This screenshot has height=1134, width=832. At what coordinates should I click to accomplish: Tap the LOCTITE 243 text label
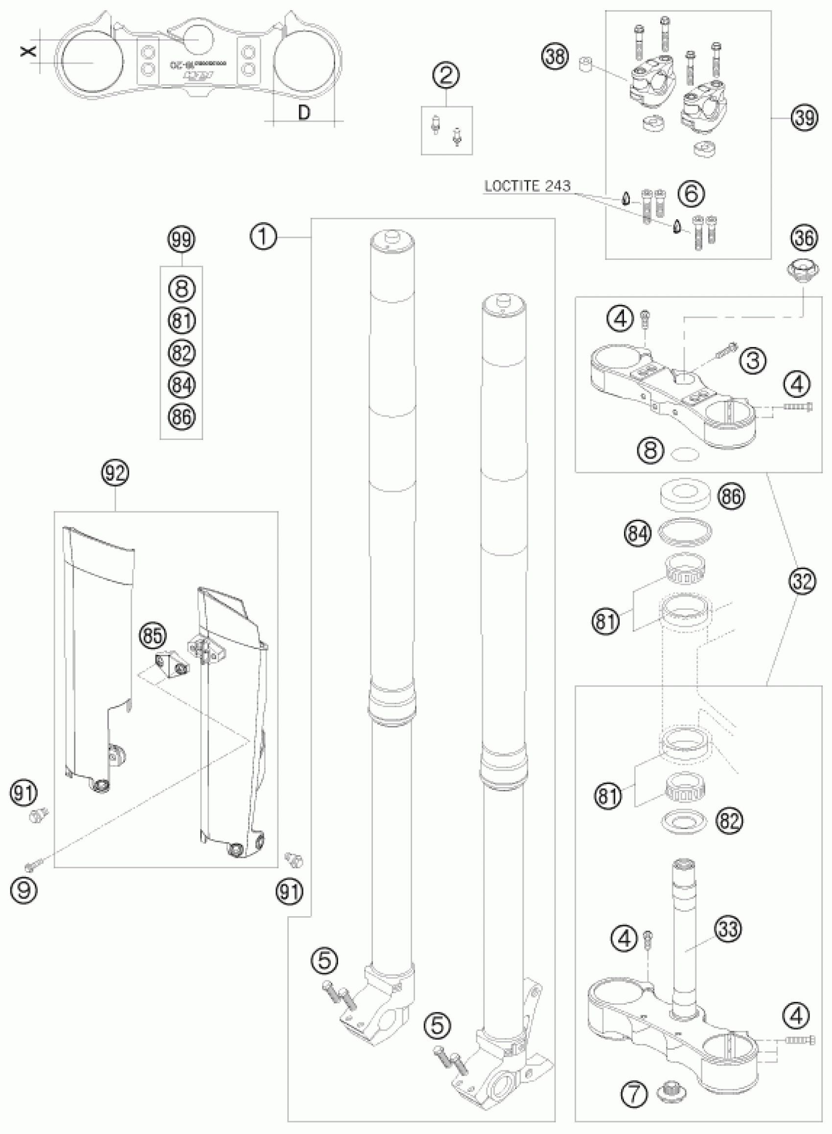coord(527,186)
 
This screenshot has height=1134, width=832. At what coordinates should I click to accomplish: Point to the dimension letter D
coord(304,113)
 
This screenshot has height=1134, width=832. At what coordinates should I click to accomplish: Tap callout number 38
coord(555,57)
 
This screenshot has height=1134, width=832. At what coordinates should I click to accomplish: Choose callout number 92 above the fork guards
coord(115,473)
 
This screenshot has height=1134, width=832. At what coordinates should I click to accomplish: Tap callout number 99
coord(181,240)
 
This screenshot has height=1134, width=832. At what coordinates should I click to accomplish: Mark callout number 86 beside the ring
coord(731,497)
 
